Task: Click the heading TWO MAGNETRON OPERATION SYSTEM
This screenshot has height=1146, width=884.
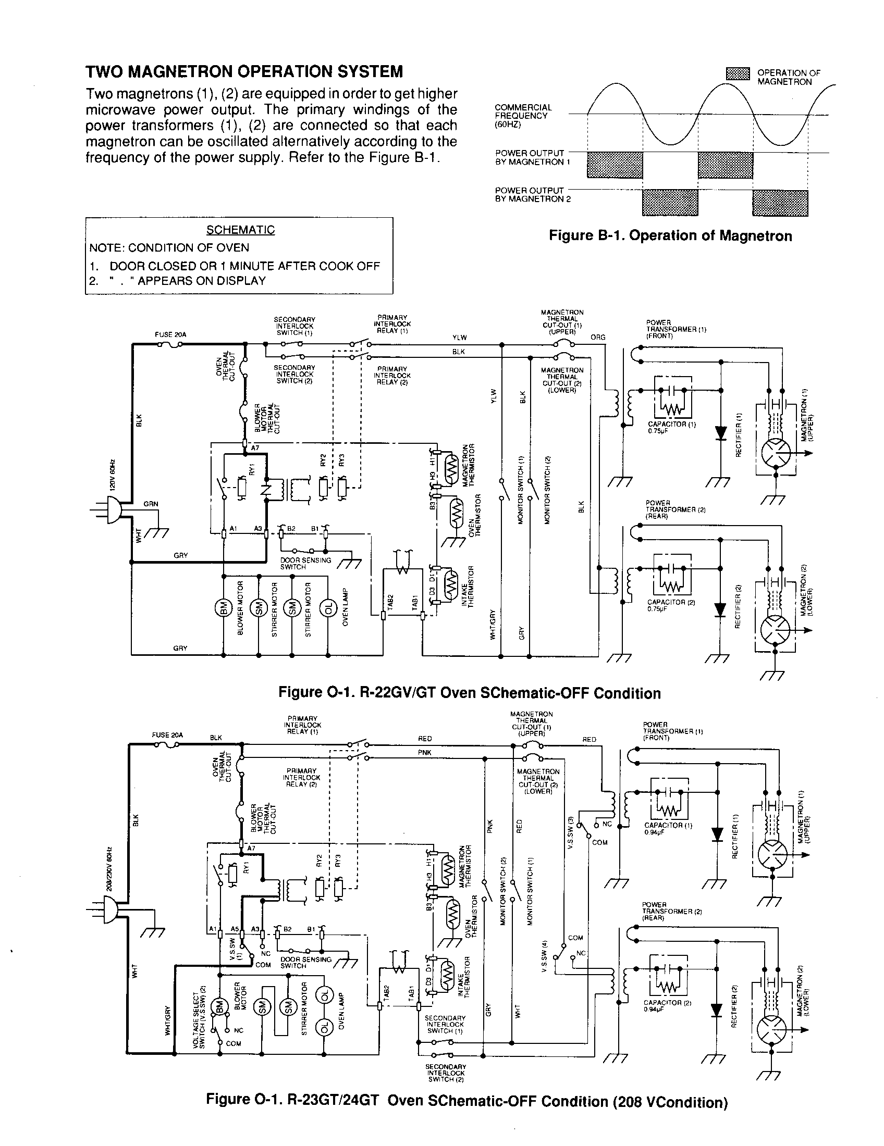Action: tap(244, 71)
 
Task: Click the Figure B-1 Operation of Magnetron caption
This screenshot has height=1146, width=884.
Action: tap(670, 235)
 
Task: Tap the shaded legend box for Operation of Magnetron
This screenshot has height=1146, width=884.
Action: tap(738, 74)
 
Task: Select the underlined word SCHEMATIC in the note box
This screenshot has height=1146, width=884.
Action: tap(240, 230)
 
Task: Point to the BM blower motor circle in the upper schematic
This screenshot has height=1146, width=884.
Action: tap(223, 608)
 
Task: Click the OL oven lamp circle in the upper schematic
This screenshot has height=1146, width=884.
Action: tap(327, 608)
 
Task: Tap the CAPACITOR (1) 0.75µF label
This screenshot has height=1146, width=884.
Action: tap(671, 427)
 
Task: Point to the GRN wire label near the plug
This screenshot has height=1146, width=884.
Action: tap(151, 504)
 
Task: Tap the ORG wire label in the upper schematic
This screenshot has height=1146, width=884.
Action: tap(598, 338)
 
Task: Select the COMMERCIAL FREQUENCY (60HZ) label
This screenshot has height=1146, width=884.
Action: tap(523, 116)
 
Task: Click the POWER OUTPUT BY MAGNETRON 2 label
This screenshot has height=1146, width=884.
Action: tap(532, 195)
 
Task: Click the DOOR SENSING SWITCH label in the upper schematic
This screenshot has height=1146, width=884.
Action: tap(305, 563)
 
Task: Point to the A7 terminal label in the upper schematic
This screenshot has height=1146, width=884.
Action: tap(254, 448)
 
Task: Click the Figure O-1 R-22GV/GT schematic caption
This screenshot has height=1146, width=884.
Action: tap(469, 693)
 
